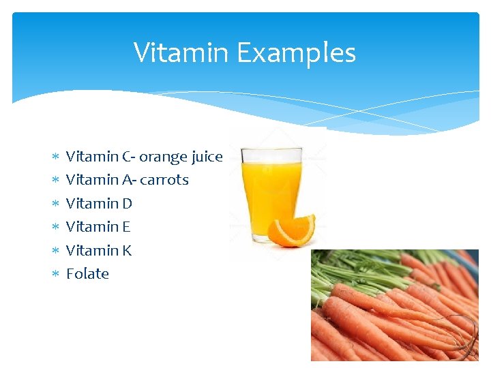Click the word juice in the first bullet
(207, 157)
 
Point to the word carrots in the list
(164, 180)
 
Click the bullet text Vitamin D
(99, 203)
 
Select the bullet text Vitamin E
(98, 226)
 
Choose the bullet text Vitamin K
(99, 250)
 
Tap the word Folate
(87, 273)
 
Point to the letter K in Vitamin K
(126, 250)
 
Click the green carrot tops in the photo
(355, 269)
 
